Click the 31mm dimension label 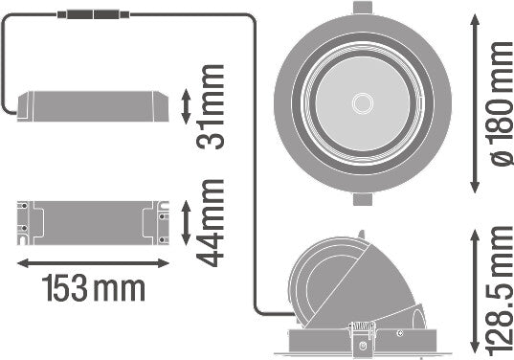click(x=212, y=107)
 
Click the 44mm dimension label click(x=212, y=223)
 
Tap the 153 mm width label click(x=94, y=288)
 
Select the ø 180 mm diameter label click(x=502, y=104)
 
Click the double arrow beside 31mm click(x=186, y=106)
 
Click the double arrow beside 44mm click(x=186, y=223)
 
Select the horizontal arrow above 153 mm click(x=93, y=263)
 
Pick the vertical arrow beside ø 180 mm click(x=475, y=104)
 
